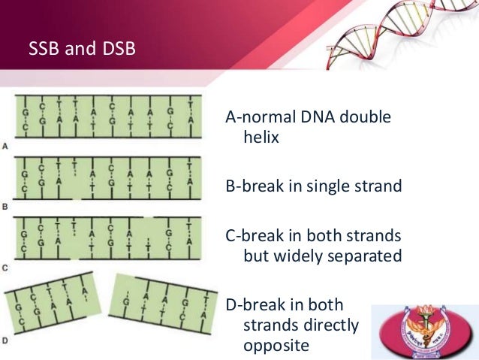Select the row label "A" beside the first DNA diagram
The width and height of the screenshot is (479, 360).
[x=6, y=145]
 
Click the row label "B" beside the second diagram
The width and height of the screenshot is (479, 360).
[x=6, y=206]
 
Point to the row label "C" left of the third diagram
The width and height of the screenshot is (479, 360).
[x=6, y=268]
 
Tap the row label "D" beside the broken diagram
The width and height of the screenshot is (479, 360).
[x=6, y=340]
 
